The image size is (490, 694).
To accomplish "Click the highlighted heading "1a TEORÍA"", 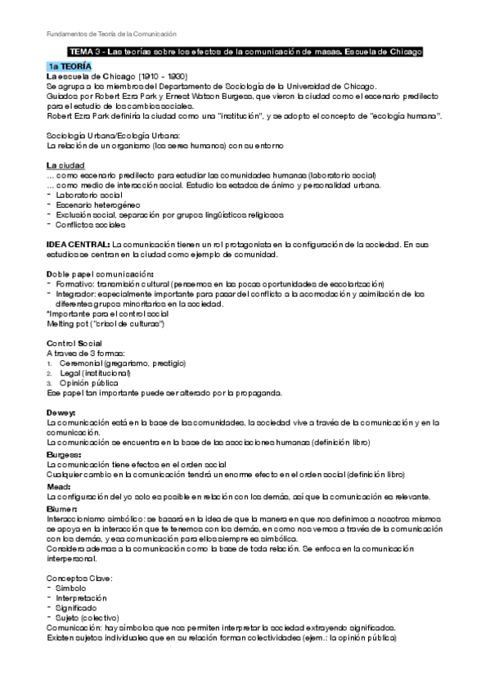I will pyautogui.click(x=70, y=65).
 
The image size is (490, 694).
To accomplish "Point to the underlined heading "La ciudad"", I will pyautogui.click(x=64, y=166).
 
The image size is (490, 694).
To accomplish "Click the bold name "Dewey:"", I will pyautogui.click(x=61, y=412).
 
